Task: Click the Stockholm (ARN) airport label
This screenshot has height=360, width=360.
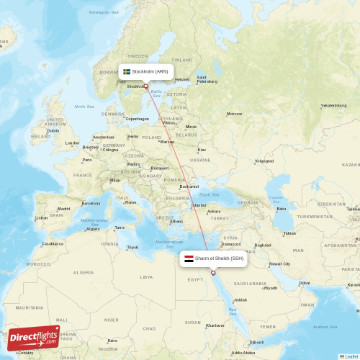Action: pyautogui.click(x=150, y=71)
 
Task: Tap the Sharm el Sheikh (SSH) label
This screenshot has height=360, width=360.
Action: pyautogui.click(x=219, y=258)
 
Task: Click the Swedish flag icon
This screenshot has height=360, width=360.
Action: pyautogui.click(x=127, y=71)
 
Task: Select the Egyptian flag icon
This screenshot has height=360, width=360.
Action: pyautogui.click(x=189, y=258)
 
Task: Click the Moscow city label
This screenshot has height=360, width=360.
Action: pyautogui.click(x=234, y=114)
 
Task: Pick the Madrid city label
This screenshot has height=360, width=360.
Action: pyautogui.click(x=64, y=209)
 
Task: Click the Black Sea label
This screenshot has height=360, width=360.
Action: pyautogui.click(x=209, y=194)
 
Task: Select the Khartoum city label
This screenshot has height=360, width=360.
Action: pyautogui.click(x=215, y=325)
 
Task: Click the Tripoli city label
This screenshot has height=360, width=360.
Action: pyautogui.click(x=132, y=247)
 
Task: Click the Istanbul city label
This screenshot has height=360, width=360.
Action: pyautogui.click(x=199, y=205)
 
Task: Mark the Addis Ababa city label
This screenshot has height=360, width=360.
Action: pyautogui.click(x=243, y=353)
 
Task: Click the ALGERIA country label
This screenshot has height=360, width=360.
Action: pyautogui.click(x=83, y=272)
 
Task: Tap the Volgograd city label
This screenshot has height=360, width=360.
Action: pyautogui.click(x=264, y=161)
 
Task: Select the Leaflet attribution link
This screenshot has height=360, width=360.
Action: pyautogui.click(x=351, y=356)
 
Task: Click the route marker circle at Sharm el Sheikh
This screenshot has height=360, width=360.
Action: pyautogui.click(x=212, y=273)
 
